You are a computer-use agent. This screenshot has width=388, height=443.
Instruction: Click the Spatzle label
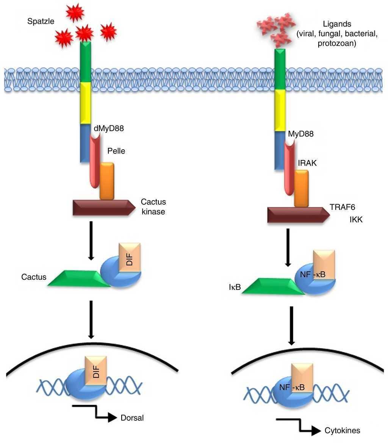[x=41, y=21]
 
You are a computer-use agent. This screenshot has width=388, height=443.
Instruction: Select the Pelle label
[x=116, y=151]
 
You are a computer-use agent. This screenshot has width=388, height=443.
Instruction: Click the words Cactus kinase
[x=153, y=207]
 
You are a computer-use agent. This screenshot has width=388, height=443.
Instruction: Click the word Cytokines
[x=343, y=430]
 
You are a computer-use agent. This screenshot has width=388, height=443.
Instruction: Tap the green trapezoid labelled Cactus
[x=80, y=279]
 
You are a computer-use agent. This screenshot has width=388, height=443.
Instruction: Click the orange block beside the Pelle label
[x=106, y=181]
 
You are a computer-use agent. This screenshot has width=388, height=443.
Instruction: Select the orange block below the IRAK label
[x=301, y=189]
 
